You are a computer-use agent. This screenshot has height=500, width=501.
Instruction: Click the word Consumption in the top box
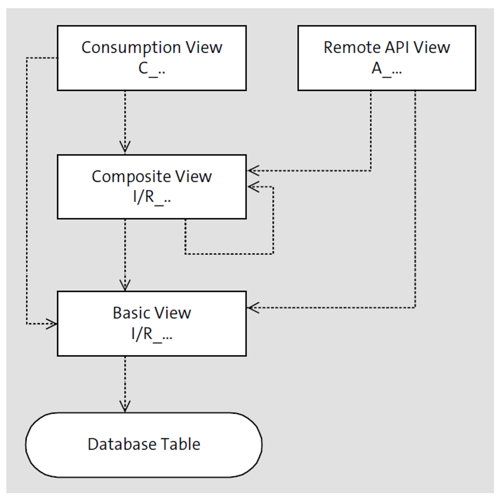124,47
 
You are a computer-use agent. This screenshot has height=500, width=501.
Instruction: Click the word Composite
124,177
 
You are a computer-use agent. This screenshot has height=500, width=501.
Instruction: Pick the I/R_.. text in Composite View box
151,198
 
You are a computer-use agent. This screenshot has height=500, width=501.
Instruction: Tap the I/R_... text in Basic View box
151,334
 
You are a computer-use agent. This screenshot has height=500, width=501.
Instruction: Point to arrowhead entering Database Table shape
125,407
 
